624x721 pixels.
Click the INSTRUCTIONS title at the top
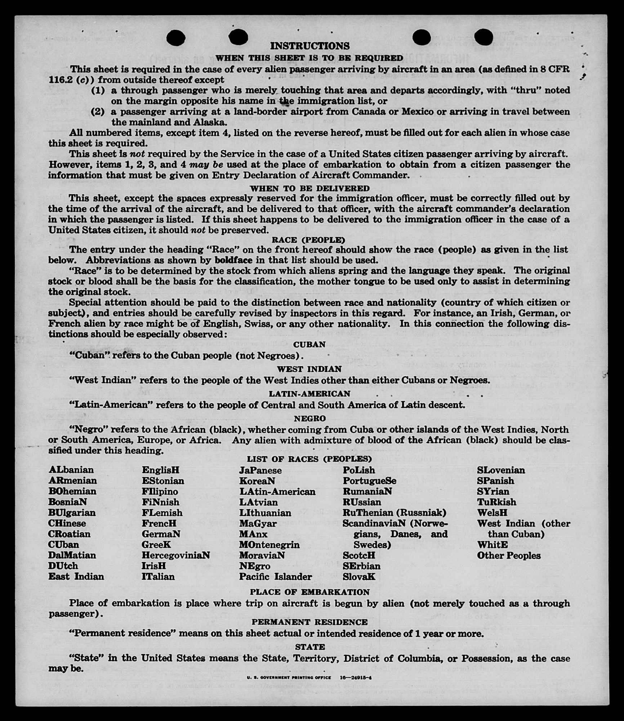(310, 46)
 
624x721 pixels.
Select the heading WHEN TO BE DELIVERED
(310, 189)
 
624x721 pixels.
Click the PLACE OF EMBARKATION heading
(310, 592)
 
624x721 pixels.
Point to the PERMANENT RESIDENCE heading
(310, 622)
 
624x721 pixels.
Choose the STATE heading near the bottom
(310, 647)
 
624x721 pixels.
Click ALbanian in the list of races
(71, 470)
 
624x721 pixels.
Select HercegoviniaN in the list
(176, 555)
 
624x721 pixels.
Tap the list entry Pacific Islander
(276, 577)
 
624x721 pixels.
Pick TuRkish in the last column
(496, 502)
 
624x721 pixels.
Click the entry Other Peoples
(509, 556)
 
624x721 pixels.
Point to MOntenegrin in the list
(269, 545)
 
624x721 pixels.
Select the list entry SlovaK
(359, 577)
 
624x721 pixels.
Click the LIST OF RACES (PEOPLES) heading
(309, 459)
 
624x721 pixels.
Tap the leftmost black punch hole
(176, 38)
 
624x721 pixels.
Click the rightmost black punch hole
(483, 37)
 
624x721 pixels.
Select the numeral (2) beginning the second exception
(98, 112)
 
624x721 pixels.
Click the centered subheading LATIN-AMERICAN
(309, 394)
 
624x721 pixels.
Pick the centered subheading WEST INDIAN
(309, 369)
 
